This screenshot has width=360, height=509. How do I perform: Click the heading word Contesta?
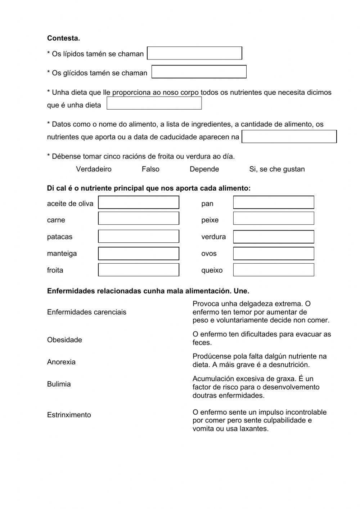pos(63,38)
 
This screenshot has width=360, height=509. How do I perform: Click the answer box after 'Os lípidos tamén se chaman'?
pos(194,53)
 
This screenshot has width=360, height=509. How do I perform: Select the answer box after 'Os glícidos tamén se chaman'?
pos(199,72)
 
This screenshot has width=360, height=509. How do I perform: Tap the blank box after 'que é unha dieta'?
pos(154,103)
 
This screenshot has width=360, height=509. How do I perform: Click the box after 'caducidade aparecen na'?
pos(289,137)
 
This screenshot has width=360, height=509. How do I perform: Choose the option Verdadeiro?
pos(94,169)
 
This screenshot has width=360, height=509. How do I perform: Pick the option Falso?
pos(150,169)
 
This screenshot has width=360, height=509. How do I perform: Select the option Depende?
pos(204,169)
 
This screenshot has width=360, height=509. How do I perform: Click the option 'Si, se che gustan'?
pos(277,169)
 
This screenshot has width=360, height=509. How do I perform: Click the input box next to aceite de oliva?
pos(139,202)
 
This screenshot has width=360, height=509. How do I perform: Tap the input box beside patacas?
pos(139,236)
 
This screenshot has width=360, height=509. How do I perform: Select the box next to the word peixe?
pos(273,218)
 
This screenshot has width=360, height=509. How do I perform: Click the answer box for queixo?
pos(273,270)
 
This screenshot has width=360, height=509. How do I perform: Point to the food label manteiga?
pos(62,254)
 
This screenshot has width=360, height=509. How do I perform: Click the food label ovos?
pos(209,254)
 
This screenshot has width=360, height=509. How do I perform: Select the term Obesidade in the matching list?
pos(64,340)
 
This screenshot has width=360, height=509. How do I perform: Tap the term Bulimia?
pos(59,384)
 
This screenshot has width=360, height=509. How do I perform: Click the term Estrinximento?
pos(69,415)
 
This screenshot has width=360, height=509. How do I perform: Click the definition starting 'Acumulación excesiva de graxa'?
pos(256,387)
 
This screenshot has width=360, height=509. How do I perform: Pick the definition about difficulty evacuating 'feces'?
pos(261,338)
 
